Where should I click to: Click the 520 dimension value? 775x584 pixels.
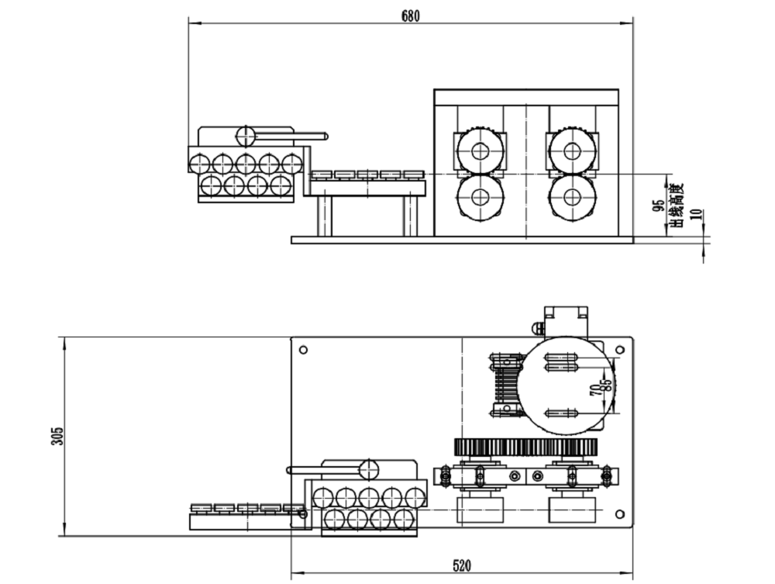pos(461,565)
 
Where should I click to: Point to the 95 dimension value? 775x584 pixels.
pos(660,206)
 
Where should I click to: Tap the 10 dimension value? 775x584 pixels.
pos(694,215)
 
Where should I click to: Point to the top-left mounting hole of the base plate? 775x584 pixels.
pos(303,350)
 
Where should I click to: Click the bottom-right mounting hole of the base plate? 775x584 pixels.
pos(619,513)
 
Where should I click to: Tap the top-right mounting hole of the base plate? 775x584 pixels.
pos(619,350)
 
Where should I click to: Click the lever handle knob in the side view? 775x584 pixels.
pos(246,136)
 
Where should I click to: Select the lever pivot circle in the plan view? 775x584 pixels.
pos(368,469)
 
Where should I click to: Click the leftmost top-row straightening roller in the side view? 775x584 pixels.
pos(198,164)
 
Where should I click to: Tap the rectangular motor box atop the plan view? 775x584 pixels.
pos(566,316)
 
